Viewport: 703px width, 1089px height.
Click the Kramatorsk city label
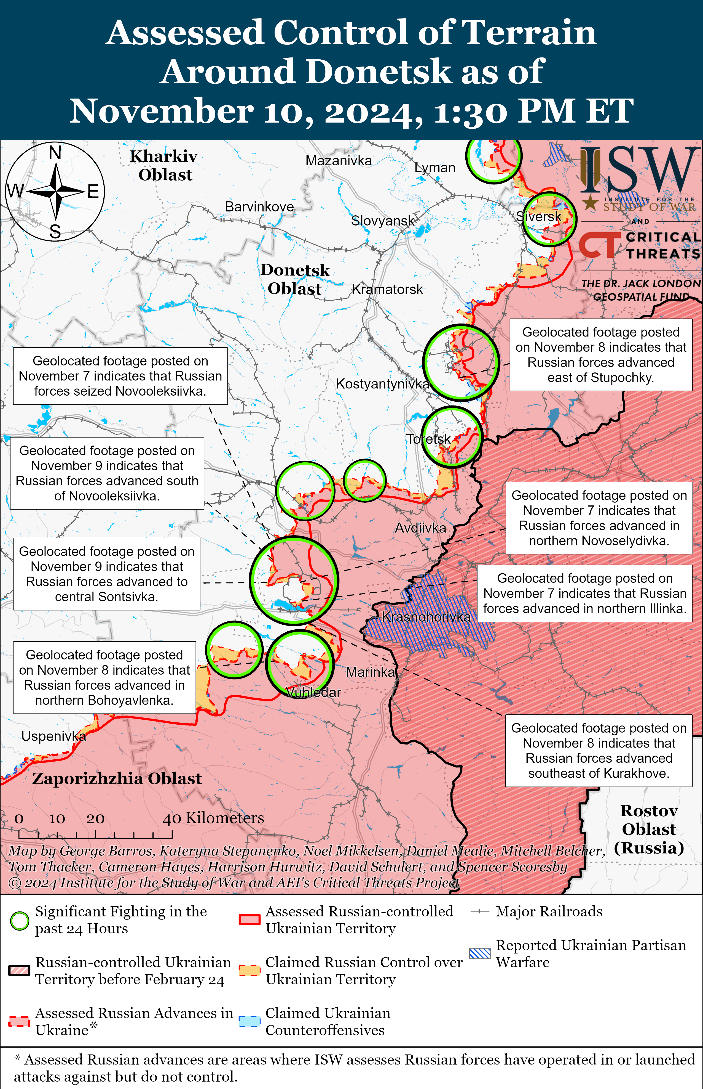click(x=387, y=289)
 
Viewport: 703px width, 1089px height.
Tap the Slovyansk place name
click(x=383, y=221)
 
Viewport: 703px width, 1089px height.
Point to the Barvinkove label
click(x=259, y=206)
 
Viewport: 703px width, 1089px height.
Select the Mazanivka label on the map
click(x=338, y=161)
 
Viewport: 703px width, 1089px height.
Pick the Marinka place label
click(x=370, y=672)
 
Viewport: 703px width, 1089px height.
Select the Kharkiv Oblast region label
click(x=164, y=165)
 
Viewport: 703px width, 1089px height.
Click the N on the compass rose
click(x=55, y=153)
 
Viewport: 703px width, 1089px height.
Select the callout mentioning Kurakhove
click(x=599, y=750)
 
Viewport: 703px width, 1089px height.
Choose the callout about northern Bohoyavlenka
click(x=104, y=677)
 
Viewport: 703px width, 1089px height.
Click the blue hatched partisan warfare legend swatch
click(x=480, y=953)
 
